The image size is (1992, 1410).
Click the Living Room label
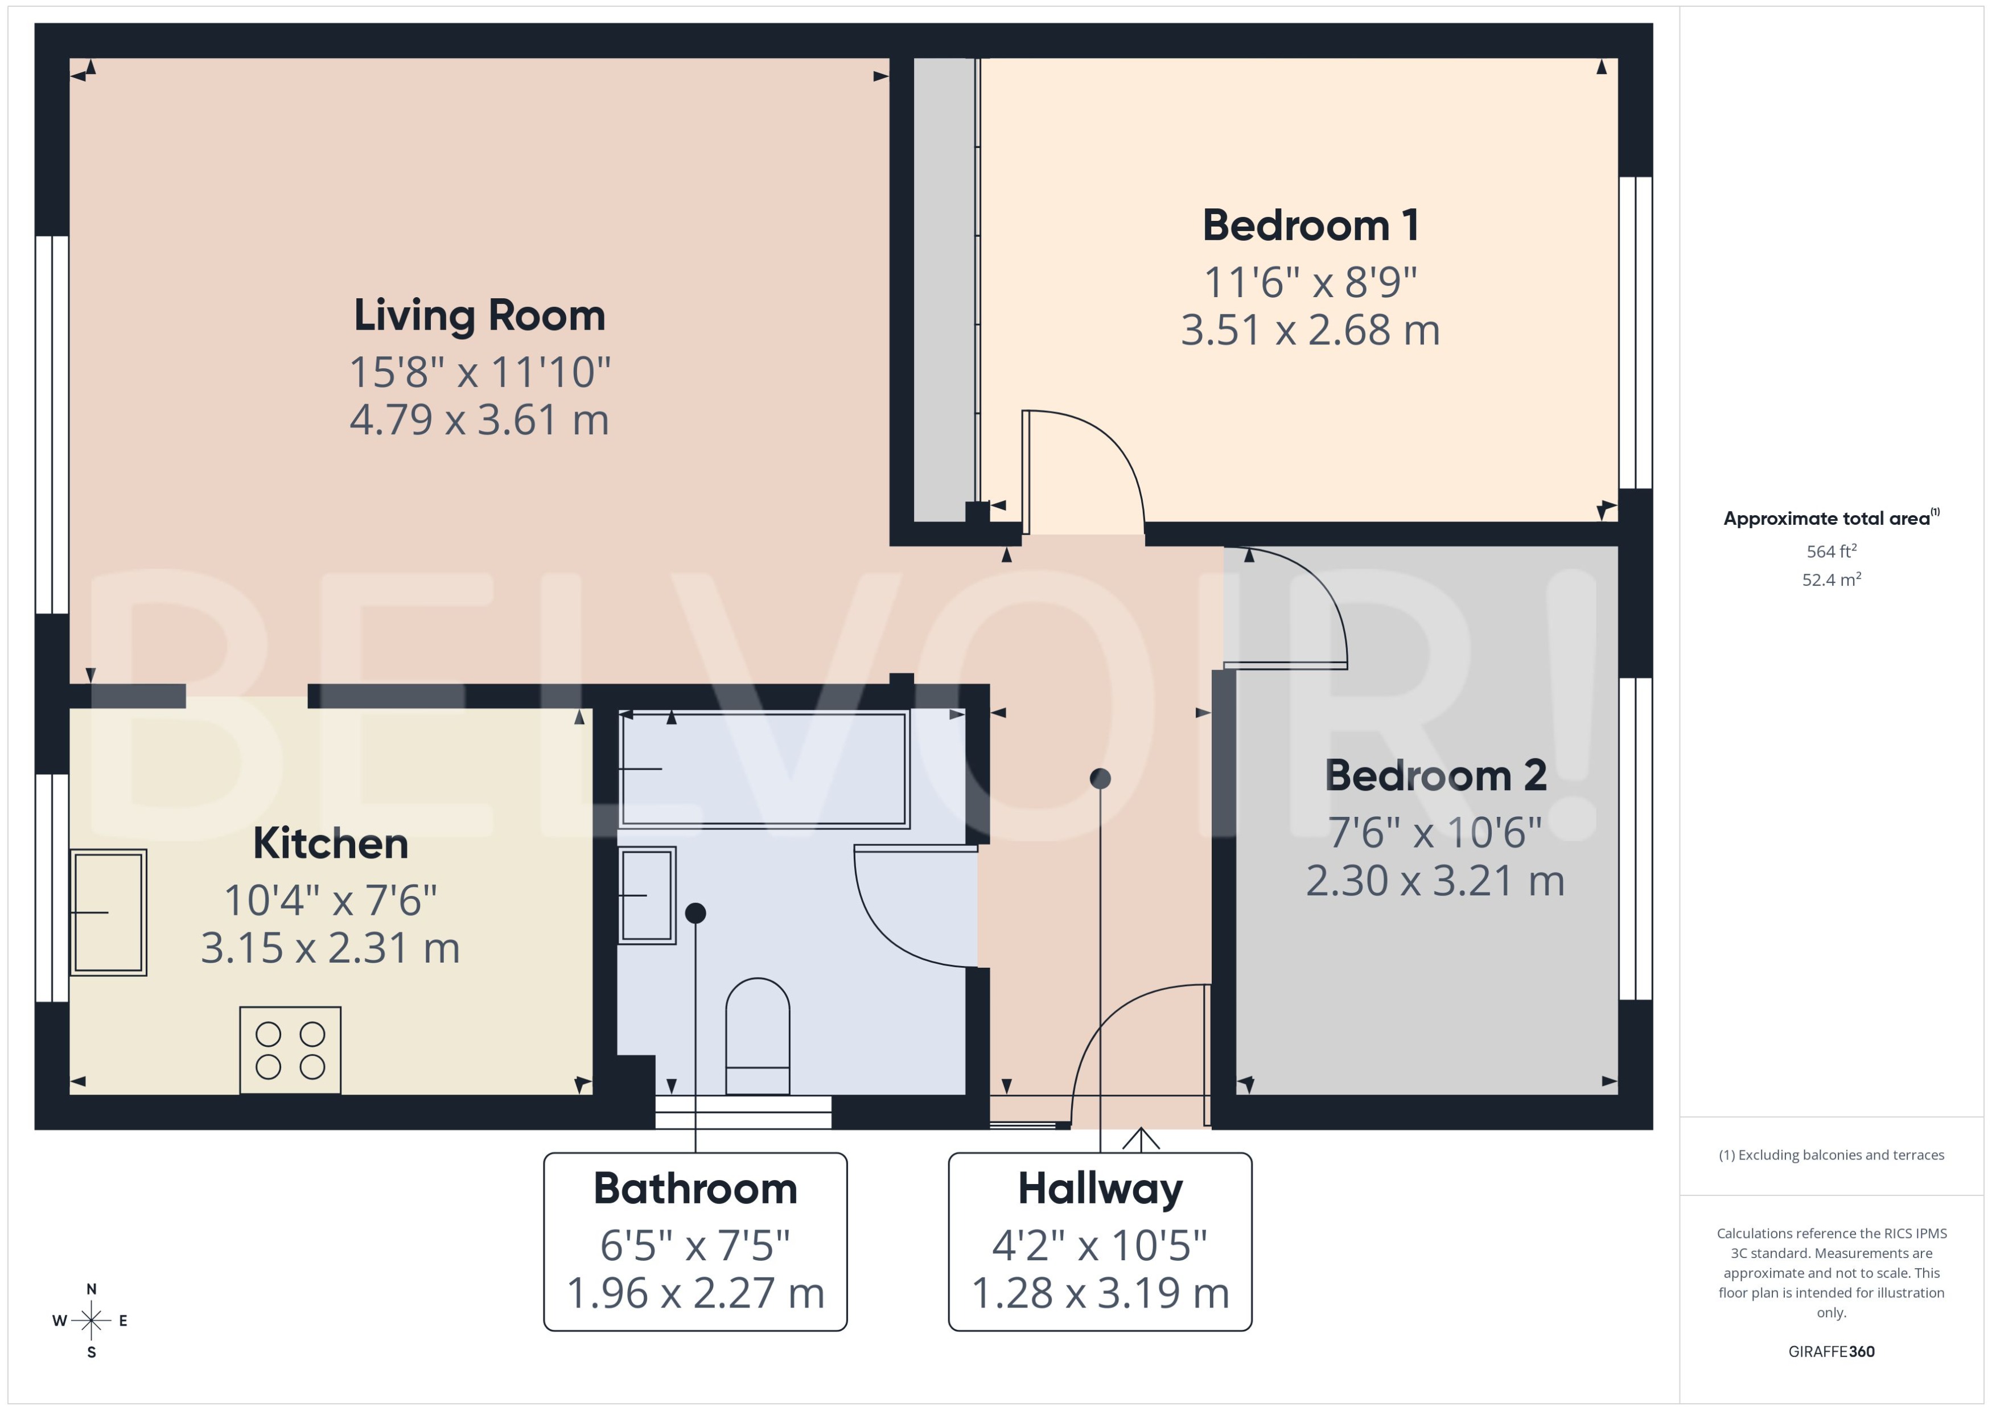tap(479, 315)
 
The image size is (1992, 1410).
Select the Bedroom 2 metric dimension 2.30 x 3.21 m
tap(1435, 881)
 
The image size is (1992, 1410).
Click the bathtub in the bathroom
tap(764, 769)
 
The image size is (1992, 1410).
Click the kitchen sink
tap(108, 912)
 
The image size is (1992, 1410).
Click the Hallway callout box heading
tap(1100, 1189)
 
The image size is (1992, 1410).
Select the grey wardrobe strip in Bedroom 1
tap(944, 286)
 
